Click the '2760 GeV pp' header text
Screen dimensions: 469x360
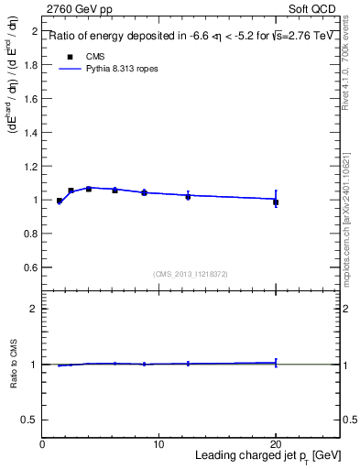coord(74,8)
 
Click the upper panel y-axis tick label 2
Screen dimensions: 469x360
coord(34,31)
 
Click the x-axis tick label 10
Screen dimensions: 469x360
coord(158,444)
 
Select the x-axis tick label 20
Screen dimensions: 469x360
coord(275,444)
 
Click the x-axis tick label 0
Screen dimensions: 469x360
coord(42,444)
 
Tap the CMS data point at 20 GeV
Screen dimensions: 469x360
coord(276,202)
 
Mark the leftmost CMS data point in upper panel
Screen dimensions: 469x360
coord(60,201)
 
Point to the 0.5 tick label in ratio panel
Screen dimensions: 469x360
coord(30,420)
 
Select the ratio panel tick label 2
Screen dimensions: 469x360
coord(34,310)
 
